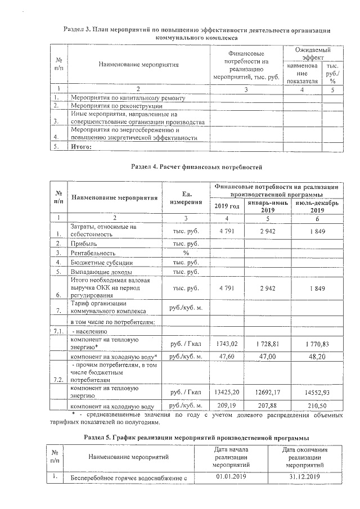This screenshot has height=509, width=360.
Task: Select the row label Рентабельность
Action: (92, 253)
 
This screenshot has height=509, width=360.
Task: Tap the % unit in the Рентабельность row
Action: (186, 253)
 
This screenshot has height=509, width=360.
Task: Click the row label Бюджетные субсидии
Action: (101, 263)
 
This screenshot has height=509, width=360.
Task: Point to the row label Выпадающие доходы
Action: (101, 272)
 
